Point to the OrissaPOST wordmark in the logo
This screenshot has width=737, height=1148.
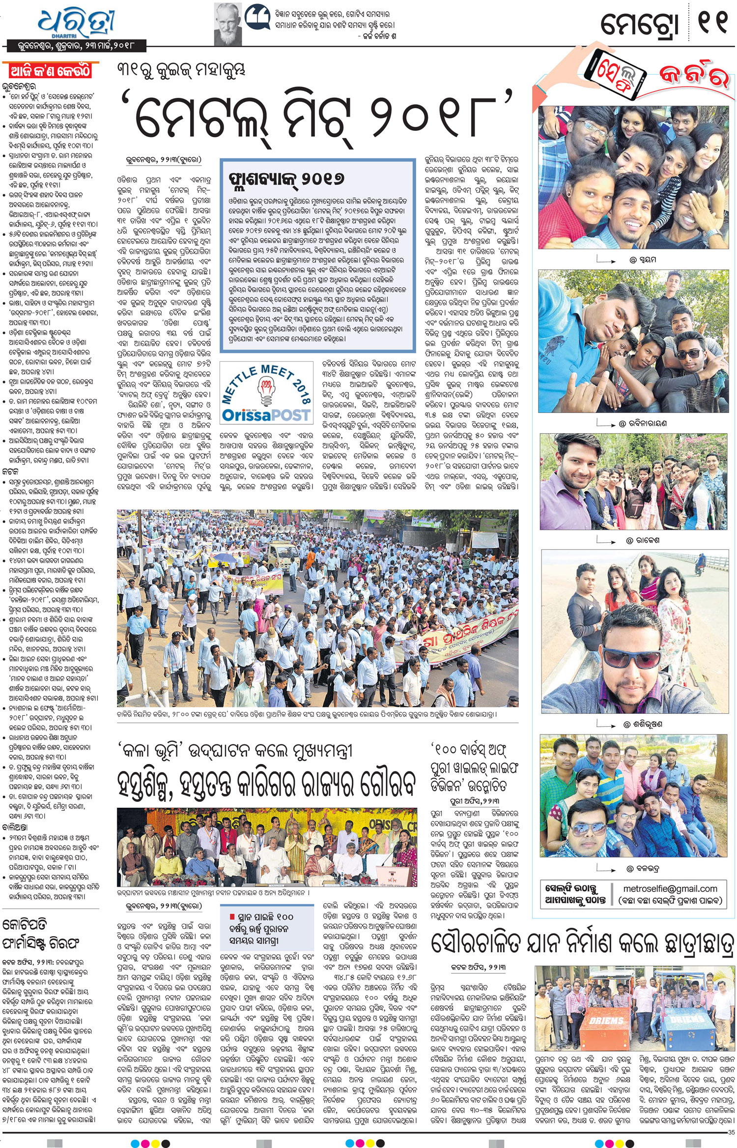(266, 415)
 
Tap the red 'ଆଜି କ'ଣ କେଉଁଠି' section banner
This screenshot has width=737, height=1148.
(51, 71)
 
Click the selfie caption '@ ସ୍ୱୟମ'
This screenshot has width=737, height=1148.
(642, 260)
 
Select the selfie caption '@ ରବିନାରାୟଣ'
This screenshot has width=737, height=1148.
(642, 423)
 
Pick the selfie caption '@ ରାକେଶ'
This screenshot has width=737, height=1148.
(643, 540)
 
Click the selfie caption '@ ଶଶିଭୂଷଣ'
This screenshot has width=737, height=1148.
(643, 724)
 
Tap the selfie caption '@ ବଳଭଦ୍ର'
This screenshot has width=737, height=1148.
(643, 869)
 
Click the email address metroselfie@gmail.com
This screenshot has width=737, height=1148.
(670, 888)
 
